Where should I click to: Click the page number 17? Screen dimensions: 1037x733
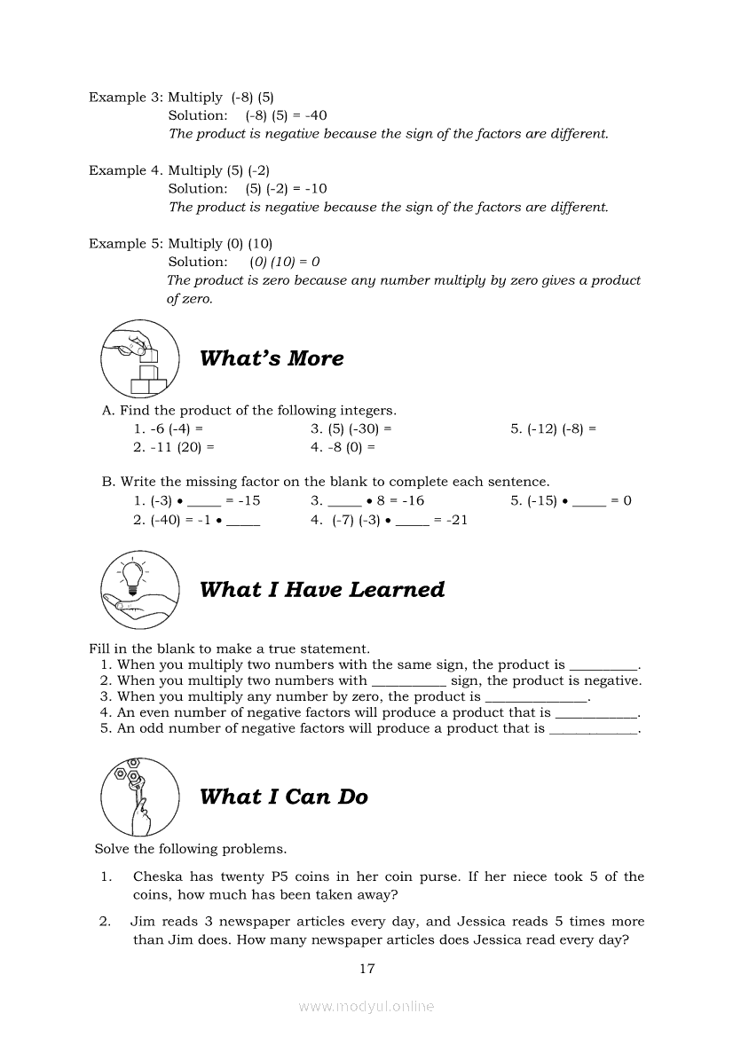click(x=366, y=969)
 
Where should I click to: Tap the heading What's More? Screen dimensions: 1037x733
click(x=272, y=358)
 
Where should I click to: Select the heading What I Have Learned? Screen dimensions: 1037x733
click(x=322, y=590)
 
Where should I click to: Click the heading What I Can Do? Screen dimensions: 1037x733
click(x=284, y=797)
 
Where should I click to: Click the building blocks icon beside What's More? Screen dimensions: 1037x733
click(x=140, y=359)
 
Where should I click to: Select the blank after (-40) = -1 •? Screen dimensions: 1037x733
click(x=243, y=522)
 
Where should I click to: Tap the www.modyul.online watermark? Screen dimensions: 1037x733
click(x=366, y=1006)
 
